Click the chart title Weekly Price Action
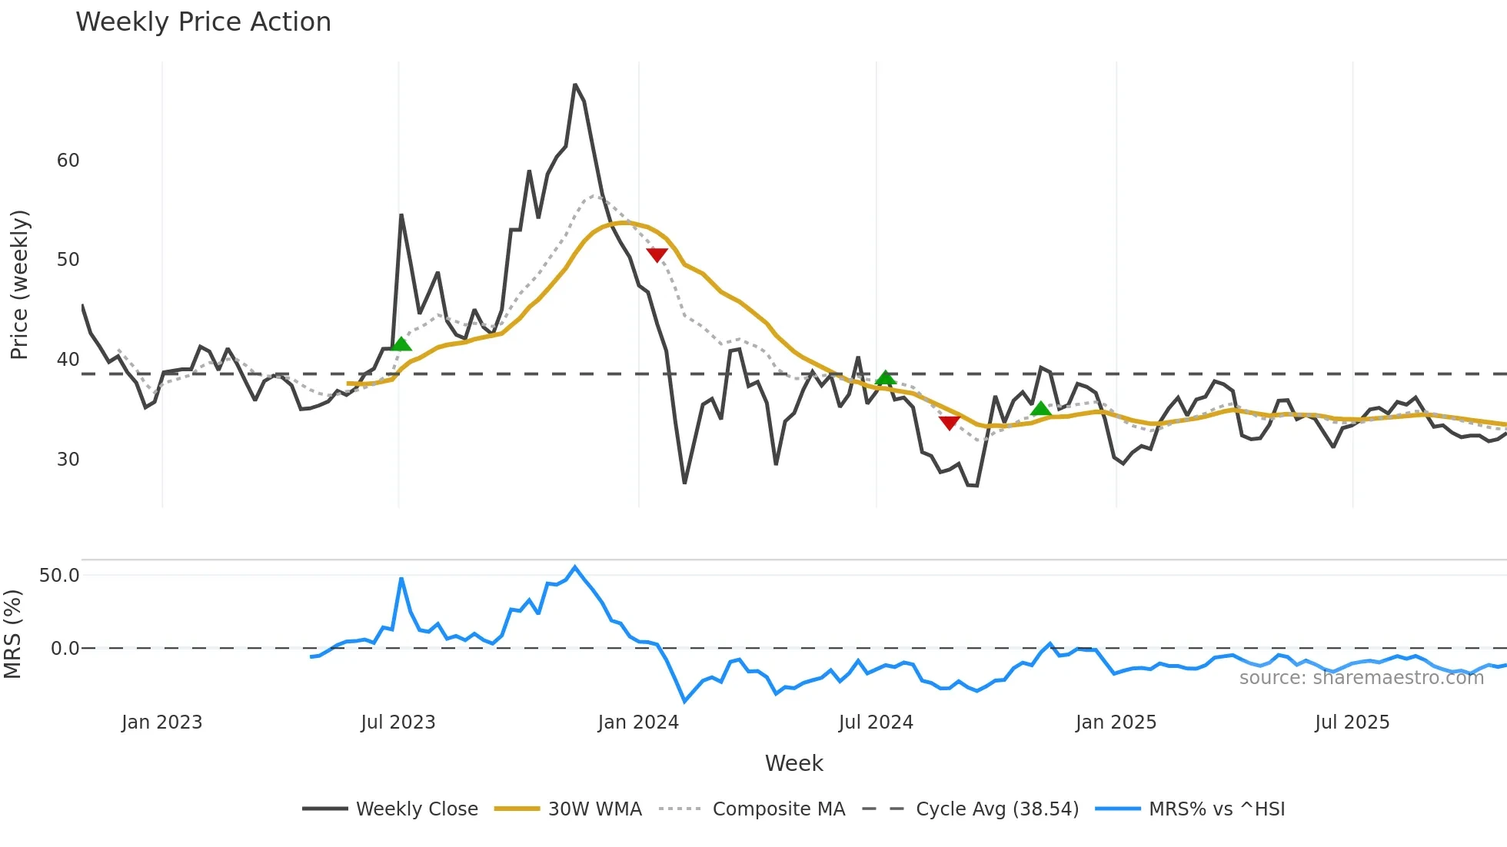coord(203,22)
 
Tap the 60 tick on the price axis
coord(68,161)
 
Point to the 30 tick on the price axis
coord(68,460)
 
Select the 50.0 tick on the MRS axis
coord(59,576)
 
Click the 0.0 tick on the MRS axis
coord(65,649)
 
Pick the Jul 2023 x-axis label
coord(398,722)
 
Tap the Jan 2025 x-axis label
coord(1115,722)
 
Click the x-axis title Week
coord(793,763)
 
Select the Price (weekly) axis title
coord(19,284)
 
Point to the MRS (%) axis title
coord(12,634)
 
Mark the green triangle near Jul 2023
coord(401,344)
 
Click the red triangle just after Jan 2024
coord(657,255)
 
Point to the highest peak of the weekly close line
coord(575,85)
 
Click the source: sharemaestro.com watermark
coord(1361,678)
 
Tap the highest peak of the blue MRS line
coord(575,566)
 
